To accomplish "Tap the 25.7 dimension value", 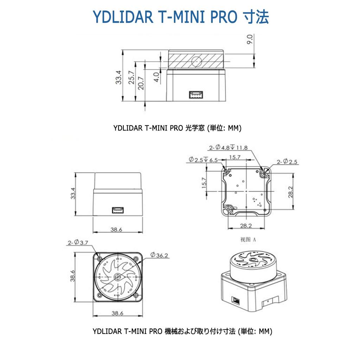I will (x=131, y=77).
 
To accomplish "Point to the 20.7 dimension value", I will (x=141, y=83).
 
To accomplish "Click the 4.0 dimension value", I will (x=157, y=76).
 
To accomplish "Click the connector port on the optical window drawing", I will (x=196, y=95).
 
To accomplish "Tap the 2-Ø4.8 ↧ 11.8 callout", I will (x=228, y=148).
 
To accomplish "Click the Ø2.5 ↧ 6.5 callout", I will (x=203, y=160).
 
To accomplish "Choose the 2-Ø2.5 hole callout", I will (x=287, y=162).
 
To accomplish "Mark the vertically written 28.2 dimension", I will (x=290, y=192).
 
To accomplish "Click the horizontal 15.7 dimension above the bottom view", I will (x=234, y=157).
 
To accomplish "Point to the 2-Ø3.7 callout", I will (x=78, y=243).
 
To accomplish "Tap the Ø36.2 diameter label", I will (x=159, y=255).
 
